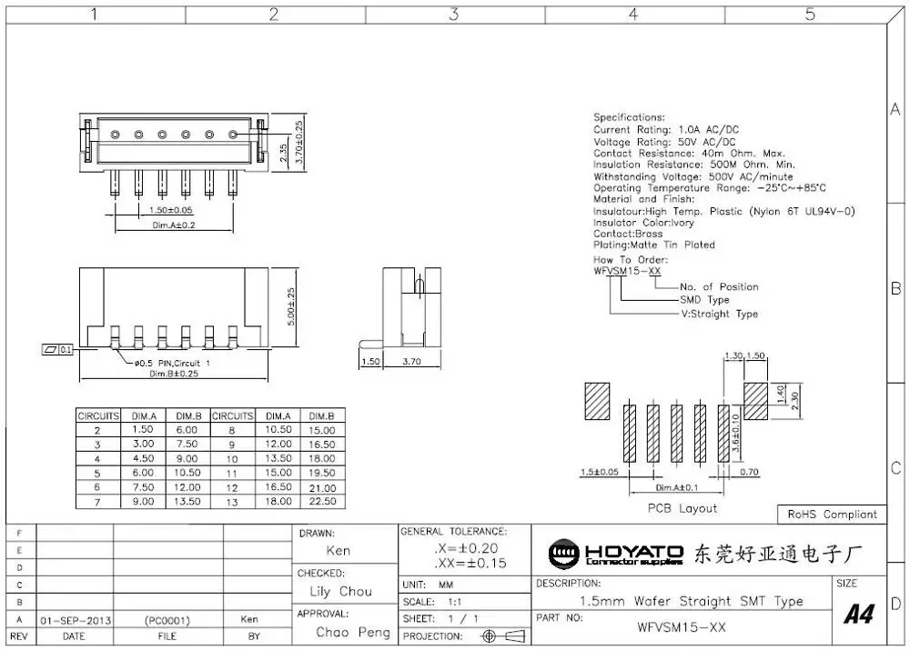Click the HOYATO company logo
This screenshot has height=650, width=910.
(x=615, y=553)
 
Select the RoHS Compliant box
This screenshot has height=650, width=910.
(x=832, y=515)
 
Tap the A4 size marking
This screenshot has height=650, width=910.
(x=858, y=615)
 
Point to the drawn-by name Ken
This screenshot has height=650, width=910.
(x=338, y=551)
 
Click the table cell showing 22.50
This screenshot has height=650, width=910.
(x=321, y=501)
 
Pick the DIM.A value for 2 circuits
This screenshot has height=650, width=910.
(x=144, y=429)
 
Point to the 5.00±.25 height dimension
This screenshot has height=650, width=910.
(x=290, y=307)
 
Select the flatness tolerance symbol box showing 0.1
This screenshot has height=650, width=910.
(x=57, y=349)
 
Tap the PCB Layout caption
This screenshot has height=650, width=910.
(x=682, y=508)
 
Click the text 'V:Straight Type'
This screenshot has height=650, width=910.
(x=719, y=314)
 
